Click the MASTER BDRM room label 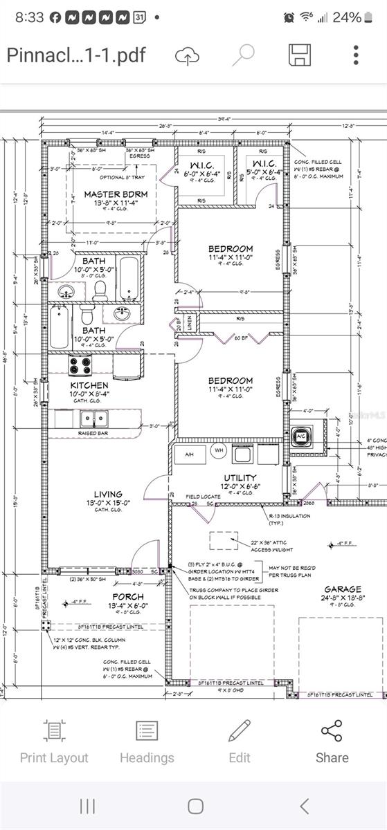point(111,194)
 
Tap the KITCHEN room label point(89,385)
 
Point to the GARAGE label point(342,589)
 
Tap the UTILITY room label point(240,477)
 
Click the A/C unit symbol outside point(300,437)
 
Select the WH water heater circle point(218,451)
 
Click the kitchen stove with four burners point(80,365)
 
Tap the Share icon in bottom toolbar point(332,740)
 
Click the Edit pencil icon point(240,740)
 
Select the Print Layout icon point(54,740)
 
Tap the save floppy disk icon point(298,55)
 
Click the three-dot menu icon point(355,55)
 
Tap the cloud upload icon point(187,55)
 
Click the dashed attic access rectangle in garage point(221,541)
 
